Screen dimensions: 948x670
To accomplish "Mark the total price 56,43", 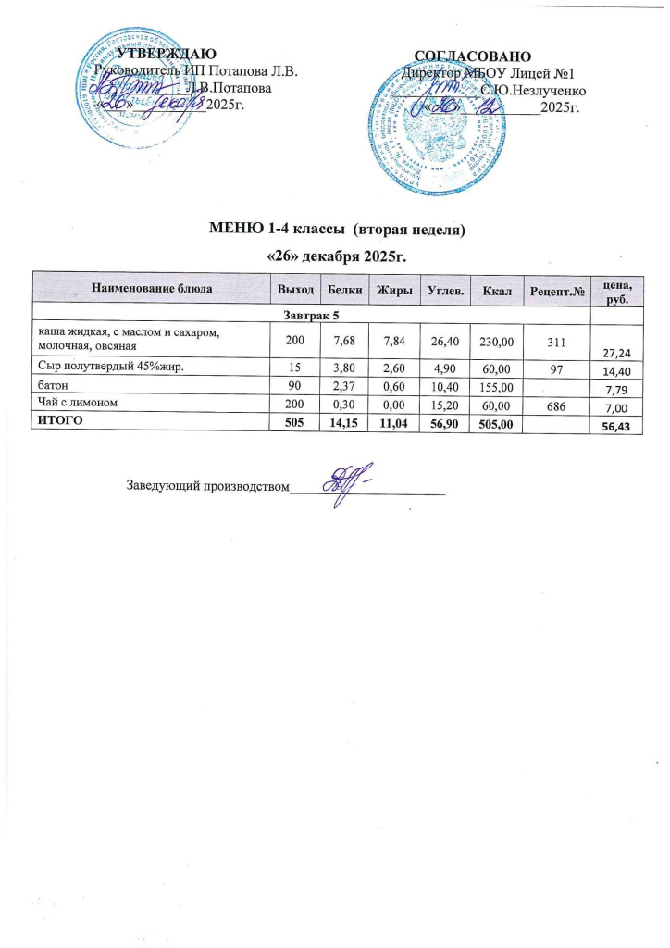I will [622, 425].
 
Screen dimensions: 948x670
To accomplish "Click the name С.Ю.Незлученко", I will [530, 90].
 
